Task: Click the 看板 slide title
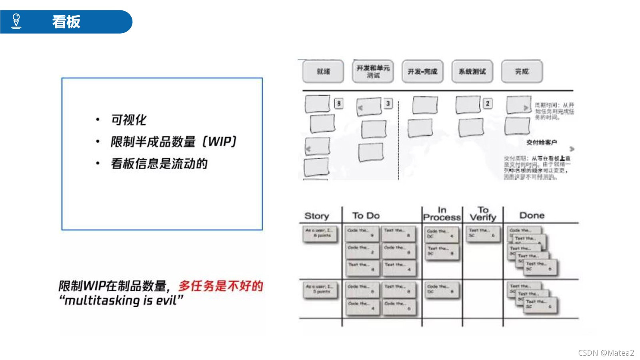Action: click(x=66, y=22)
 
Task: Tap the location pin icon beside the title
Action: click(x=16, y=21)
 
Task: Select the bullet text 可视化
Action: click(x=128, y=120)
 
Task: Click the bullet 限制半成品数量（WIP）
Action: click(x=174, y=141)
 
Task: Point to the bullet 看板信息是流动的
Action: click(x=159, y=163)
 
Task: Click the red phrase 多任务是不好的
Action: click(x=220, y=286)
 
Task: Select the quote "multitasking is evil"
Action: click(x=121, y=300)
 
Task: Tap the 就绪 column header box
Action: click(x=323, y=72)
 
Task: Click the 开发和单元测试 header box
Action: click(x=373, y=72)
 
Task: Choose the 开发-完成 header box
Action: click(x=422, y=72)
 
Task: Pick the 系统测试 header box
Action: click(x=472, y=72)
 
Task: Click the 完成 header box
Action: click(x=522, y=72)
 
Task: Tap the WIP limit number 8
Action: click(x=339, y=104)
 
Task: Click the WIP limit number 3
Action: click(x=388, y=104)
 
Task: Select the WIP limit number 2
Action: click(x=487, y=104)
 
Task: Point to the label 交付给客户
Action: click(x=541, y=142)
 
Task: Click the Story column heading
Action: click(x=316, y=216)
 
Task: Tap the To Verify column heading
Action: click(x=483, y=214)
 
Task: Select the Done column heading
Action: click(x=532, y=215)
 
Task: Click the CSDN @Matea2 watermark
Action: click(x=606, y=352)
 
